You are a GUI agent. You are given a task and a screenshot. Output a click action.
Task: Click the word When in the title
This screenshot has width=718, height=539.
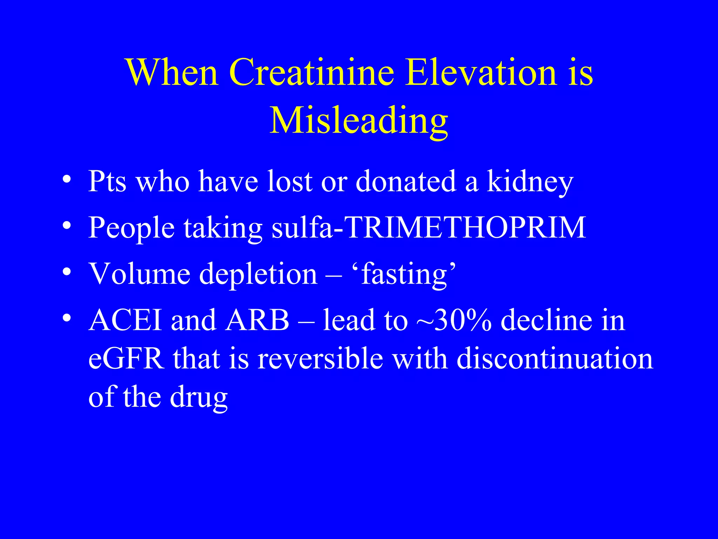[172, 73]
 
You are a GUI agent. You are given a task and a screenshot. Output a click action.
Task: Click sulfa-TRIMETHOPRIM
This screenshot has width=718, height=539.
[429, 227]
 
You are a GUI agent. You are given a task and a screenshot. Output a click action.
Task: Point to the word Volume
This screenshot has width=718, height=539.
[140, 274]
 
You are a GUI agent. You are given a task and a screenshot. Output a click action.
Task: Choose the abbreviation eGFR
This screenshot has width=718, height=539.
[126, 359]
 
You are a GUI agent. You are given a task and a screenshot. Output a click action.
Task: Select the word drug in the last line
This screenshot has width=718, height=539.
[199, 398]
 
